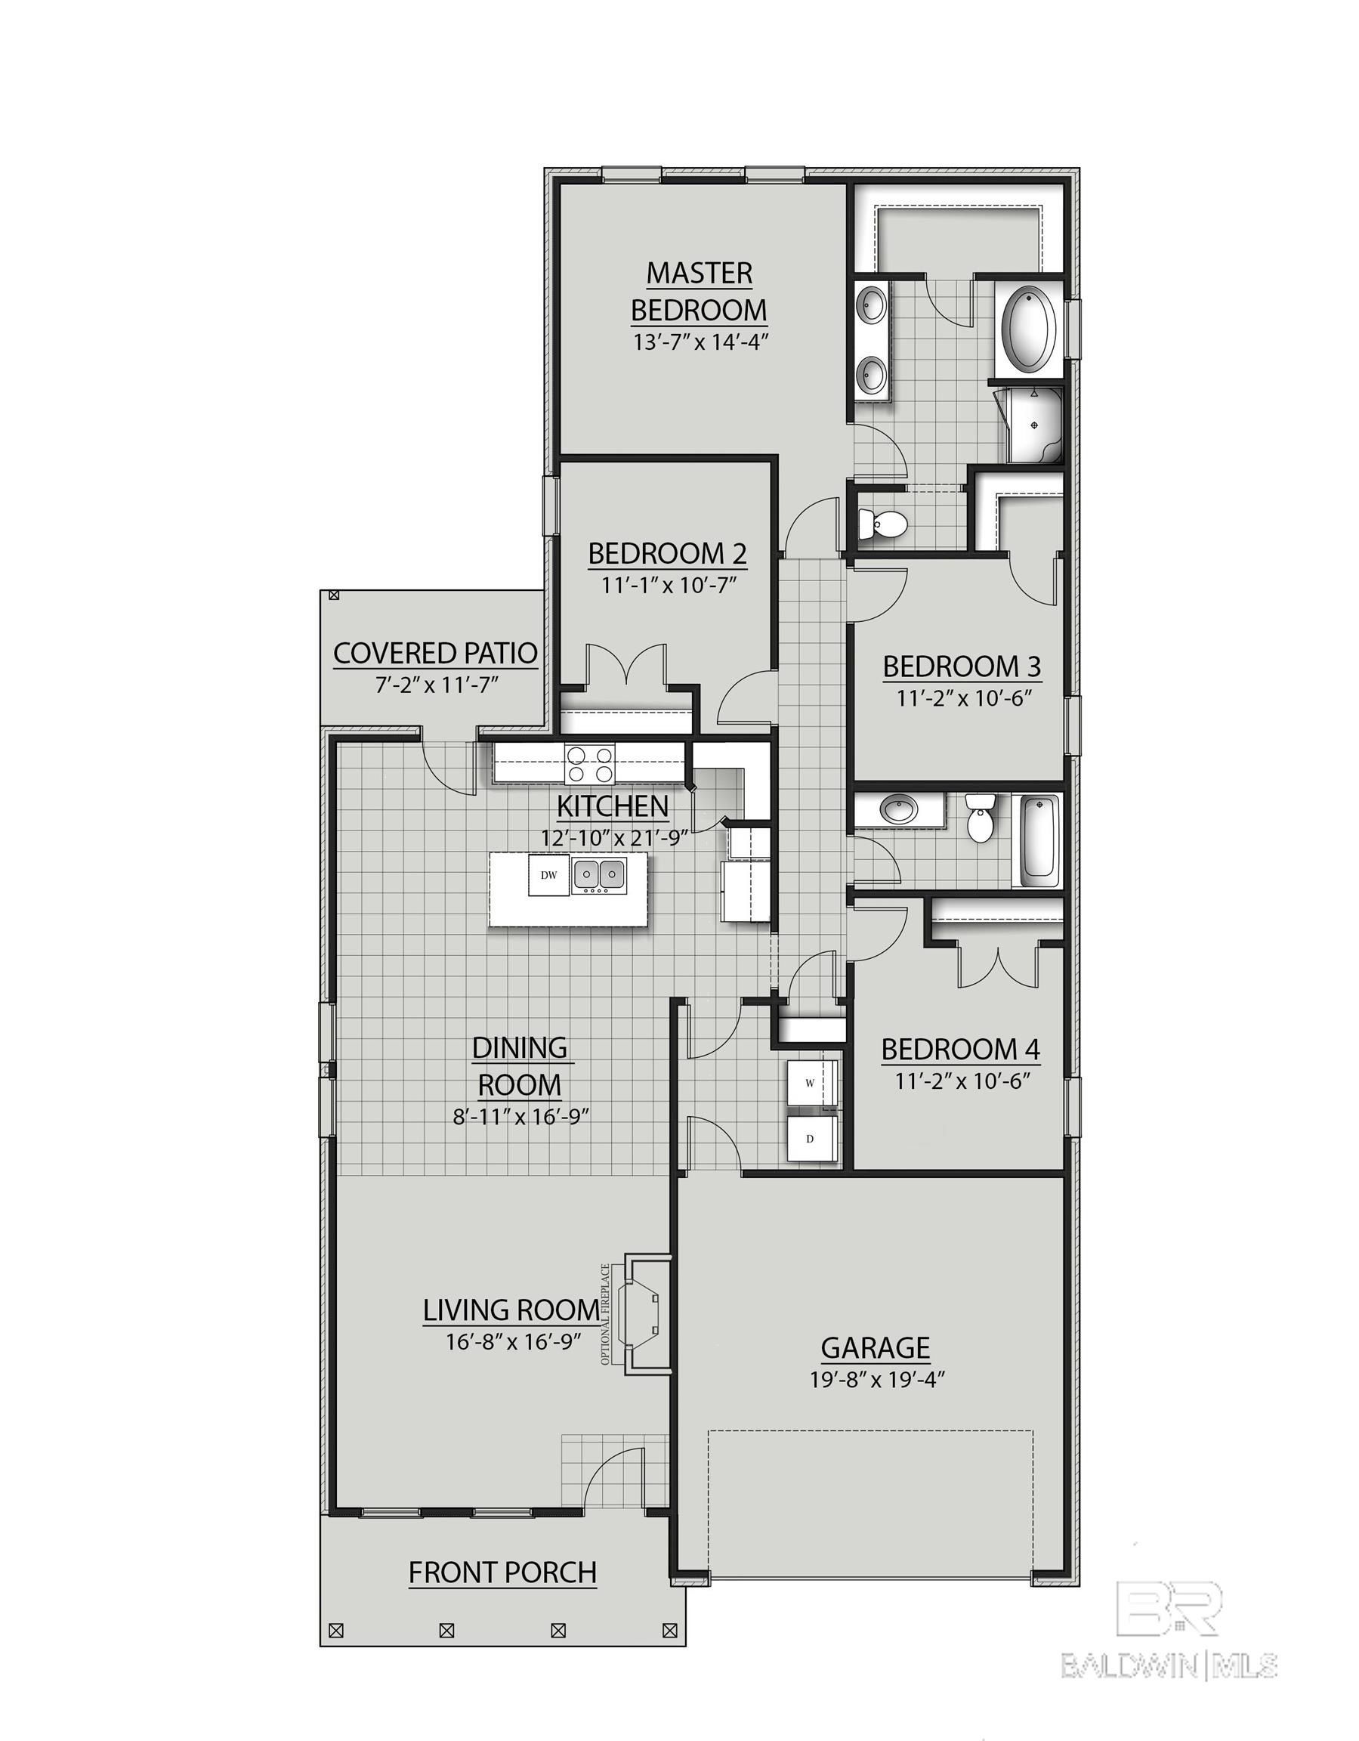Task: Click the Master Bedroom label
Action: coord(698,291)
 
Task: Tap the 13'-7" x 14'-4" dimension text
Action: coord(699,343)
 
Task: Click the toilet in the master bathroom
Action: coord(883,524)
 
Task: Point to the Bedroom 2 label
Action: coord(667,552)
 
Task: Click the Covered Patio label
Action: coord(435,654)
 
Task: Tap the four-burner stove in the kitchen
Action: coord(590,763)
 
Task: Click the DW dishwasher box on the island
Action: coord(548,874)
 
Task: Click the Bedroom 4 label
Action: coord(959,1050)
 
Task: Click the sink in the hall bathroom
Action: coord(899,810)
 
